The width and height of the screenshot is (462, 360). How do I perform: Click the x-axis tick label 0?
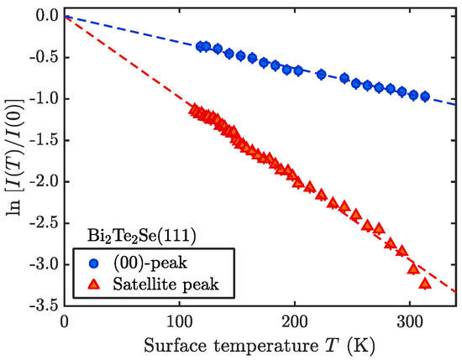pyautogui.click(x=65, y=321)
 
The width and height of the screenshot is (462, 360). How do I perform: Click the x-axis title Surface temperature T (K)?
pyautogui.click(x=260, y=344)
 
